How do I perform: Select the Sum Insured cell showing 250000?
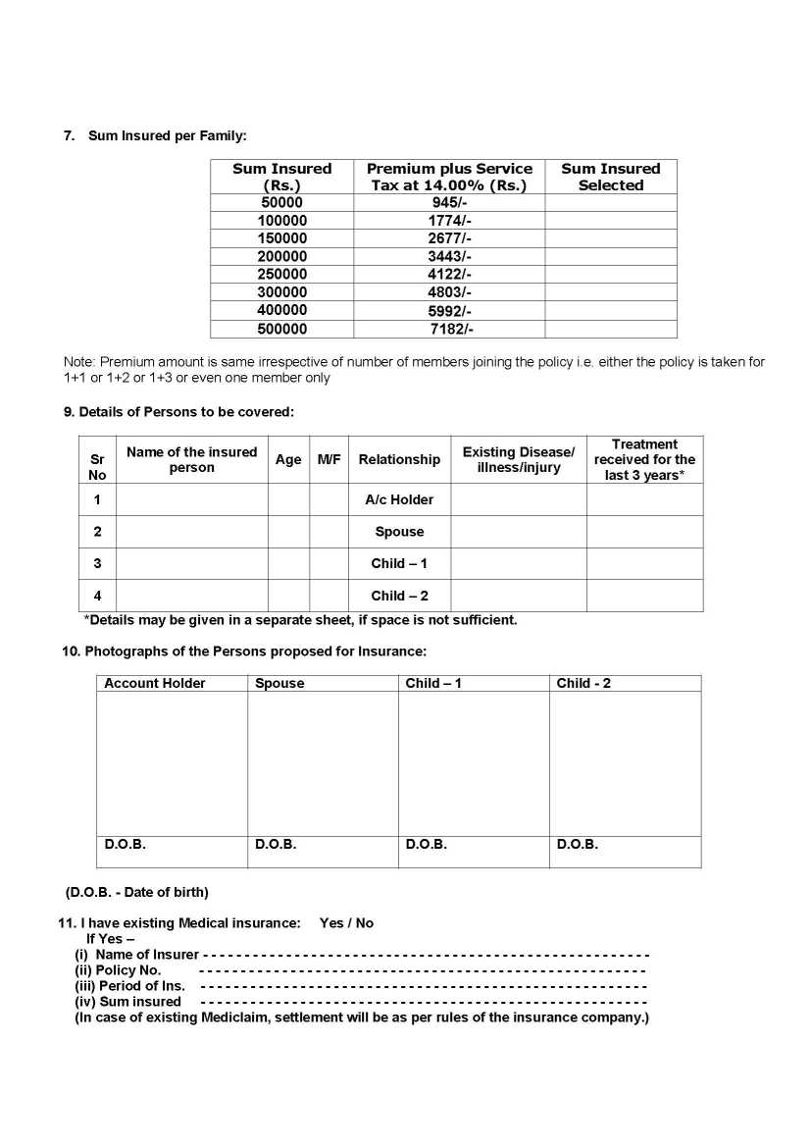click(x=282, y=275)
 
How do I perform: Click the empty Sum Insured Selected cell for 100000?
click(x=610, y=221)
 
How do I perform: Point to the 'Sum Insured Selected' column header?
click(x=610, y=177)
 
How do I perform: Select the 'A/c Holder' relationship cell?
click(x=399, y=499)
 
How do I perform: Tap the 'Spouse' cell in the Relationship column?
click(x=399, y=532)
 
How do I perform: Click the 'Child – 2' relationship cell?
click(x=399, y=596)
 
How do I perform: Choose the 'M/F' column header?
click(x=329, y=459)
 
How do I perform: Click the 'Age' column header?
click(x=288, y=459)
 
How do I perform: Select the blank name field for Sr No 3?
click(x=191, y=564)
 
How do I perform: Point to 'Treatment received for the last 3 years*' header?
click(x=644, y=459)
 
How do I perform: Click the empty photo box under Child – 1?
click(x=474, y=763)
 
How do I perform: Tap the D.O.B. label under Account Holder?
click(x=125, y=845)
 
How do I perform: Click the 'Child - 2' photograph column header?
click(x=583, y=683)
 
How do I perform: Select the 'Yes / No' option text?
click(x=346, y=923)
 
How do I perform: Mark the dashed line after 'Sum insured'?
click(x=423, y=1002)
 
